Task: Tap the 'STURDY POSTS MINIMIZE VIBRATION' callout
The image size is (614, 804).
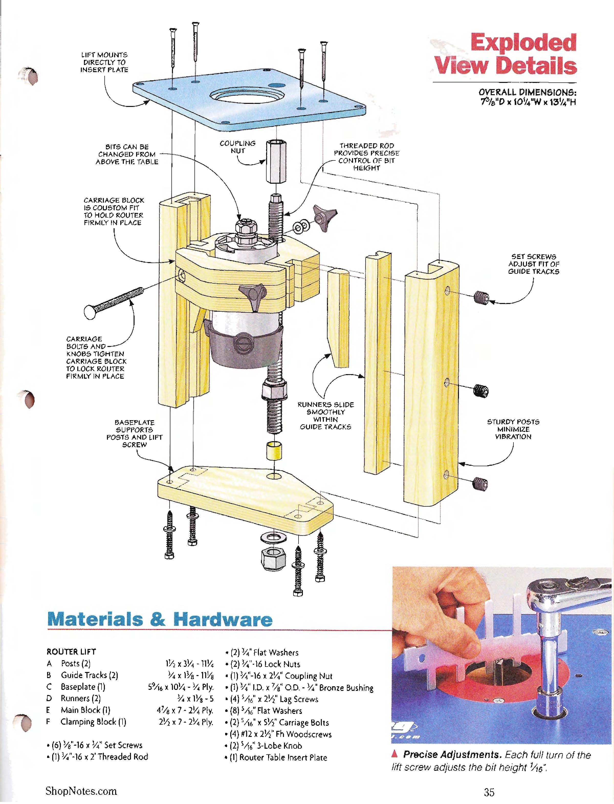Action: (x=513, y=429)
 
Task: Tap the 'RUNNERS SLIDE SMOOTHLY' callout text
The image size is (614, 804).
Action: (x=325, y=416)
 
